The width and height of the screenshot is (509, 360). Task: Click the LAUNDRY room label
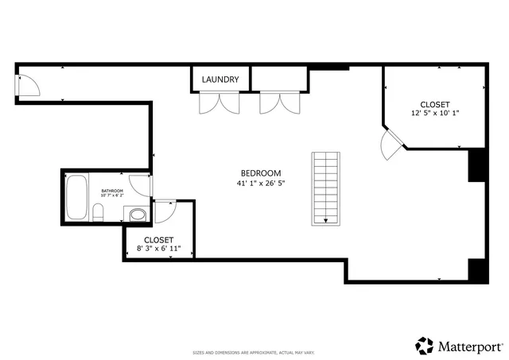pos(220,79)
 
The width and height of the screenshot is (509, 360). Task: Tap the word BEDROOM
pos(261,173)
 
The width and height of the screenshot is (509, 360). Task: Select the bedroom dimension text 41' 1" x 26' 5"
pos(261,184)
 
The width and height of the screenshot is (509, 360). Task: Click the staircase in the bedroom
pos(326,188)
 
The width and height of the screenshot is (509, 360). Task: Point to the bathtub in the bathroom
pos(77,199)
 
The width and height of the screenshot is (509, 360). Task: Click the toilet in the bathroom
pos(98,213)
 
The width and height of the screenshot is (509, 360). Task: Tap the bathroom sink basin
pos(137,214)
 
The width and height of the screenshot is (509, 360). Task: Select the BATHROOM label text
pos(112,192)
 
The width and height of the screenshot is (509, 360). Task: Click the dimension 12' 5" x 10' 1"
pos(435,114)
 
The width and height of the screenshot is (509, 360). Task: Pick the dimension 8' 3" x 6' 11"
pos(158,249)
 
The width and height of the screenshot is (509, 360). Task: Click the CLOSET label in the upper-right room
pos(435,104)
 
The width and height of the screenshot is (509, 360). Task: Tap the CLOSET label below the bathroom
pos(158,239)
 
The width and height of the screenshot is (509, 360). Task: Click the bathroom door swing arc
pos(140,184)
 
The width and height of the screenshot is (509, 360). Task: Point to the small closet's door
pos(165,212)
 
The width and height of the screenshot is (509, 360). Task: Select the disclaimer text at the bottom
pos(254,352)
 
